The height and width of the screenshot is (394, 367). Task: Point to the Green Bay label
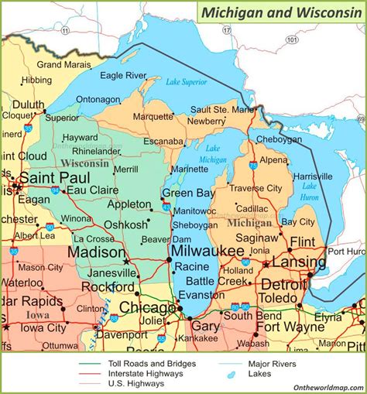pyautogui.click(x=187, y=193)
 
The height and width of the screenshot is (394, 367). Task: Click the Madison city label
pyautogui.click(x=96, y=252)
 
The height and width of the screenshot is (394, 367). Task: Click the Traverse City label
pyautogui.click(x=256, y=188)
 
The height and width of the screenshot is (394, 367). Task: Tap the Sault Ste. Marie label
pyautogui.click(x=222, y=110)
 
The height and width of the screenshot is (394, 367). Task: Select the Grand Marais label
pyautogui.click(x=60, y=64)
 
